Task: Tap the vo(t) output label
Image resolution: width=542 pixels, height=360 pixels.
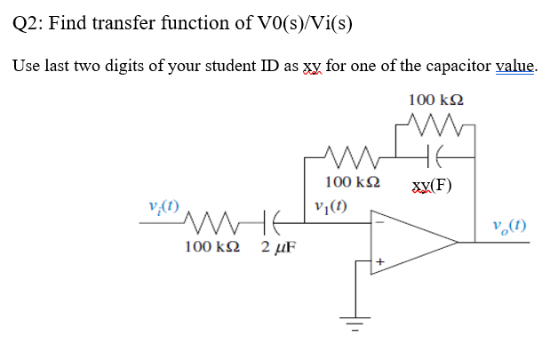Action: click(x=512, y=226)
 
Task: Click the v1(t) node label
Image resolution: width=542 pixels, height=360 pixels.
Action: click(x=331, y=211)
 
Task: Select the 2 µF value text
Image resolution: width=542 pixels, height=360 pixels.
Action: click(x=278, y=245)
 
